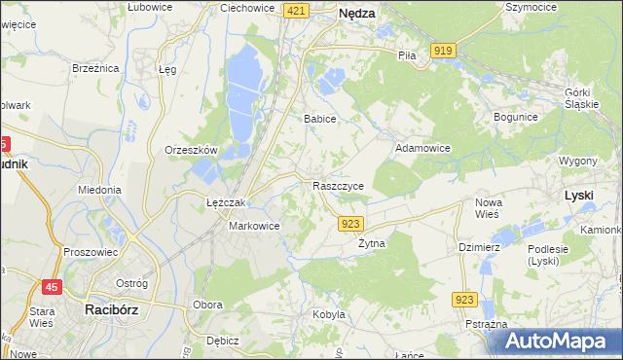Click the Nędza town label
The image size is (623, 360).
[356, 15]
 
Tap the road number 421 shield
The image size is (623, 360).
[297, 10]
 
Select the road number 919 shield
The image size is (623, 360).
[445, 51]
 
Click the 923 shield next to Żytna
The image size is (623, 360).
[352, 224]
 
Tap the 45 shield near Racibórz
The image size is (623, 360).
[53, 286]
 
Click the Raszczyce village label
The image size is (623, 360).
[338, 185]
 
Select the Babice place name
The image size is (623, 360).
[320, 119]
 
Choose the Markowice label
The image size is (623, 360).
[254, 226]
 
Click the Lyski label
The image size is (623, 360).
[578, 196]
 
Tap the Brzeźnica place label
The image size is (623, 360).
[95, 68]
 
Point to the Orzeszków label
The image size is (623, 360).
[191, 150]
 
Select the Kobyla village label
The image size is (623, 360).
[329, 314]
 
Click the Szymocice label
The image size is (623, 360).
[531, 7]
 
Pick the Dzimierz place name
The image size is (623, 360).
[479, 247]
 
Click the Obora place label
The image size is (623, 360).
[208, 305]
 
